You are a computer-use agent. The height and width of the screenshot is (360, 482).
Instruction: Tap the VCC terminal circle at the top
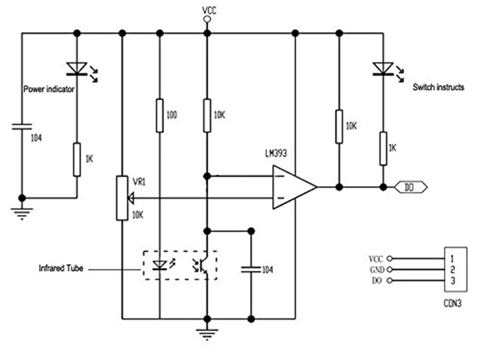pos(206,19)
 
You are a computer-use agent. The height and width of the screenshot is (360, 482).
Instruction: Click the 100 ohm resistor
pos(160,115)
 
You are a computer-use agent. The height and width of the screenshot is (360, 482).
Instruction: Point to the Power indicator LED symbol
pos(77,68)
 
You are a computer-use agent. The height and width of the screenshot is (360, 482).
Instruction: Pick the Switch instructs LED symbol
pos(383,68)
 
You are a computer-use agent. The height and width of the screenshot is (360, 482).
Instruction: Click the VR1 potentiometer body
pos(122,198)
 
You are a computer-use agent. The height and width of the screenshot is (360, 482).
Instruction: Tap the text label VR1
pos(139,182)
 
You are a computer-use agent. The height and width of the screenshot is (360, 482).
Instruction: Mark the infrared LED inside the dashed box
pos(160,265)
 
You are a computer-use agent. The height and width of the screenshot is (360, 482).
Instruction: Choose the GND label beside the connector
pos(376,270)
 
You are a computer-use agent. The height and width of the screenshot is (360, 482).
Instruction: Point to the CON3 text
pos(453,304)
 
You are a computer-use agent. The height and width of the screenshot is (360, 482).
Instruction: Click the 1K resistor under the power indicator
pos(77,159)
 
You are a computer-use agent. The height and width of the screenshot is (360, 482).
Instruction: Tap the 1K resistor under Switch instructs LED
pos(383,148)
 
